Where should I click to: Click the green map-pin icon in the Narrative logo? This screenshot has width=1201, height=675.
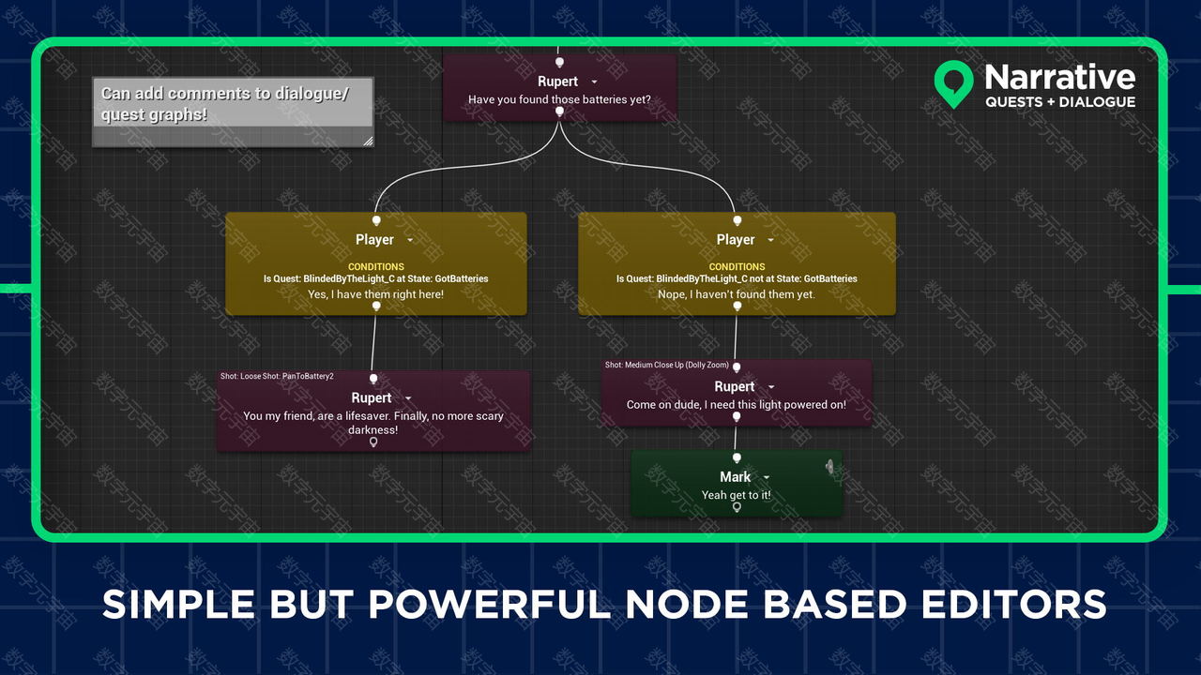pyautogui.click(x=953, y=81)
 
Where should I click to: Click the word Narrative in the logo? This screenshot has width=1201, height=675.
pyautogui.click(x=1060, y=78)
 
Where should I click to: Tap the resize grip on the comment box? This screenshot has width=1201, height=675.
pyautogui.click(x=368, y=141)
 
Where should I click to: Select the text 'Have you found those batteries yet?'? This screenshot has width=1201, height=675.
pyautogui.click(x=559, y=99)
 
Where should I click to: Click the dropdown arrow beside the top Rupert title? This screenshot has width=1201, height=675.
pyautogui.click(x=594, y=82)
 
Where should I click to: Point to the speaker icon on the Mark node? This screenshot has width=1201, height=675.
pyautogui.click(x=829, y=467)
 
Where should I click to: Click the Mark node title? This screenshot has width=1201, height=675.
pyautogui.click(x=735, y=477)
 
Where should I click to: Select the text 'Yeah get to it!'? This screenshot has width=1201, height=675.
pyautogui.click(x=737, y=495)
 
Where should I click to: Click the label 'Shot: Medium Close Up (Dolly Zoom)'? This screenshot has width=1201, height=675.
pyautogui.click(x=667, y=365)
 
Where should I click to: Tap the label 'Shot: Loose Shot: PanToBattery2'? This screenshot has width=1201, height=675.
pyautogui.click(x=277, y=376)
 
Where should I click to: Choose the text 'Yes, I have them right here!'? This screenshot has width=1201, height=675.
pyautogui.click(x=376, y=294)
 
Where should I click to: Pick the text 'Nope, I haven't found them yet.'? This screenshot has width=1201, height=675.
pyautogui.click(x=737, y=294)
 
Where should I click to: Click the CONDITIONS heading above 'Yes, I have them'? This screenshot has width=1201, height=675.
pyautogui.click(x=376, y=267)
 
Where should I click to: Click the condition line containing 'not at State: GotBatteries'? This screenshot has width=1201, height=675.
pyautogui.click(x=737, y=278)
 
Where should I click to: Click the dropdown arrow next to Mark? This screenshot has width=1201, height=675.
pyautogui.click(x=767, y=477)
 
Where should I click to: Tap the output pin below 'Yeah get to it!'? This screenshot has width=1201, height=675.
pyautogui.click(x=737, y=507)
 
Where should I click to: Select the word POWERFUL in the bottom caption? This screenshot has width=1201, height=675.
pyautogui.click(x=489, y=605)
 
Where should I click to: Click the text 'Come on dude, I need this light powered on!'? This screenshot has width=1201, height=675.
pyautogui.click(x=737, y=404)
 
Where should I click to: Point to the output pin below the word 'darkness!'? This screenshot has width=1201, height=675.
pyautogui.click(x=373, y=442)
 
